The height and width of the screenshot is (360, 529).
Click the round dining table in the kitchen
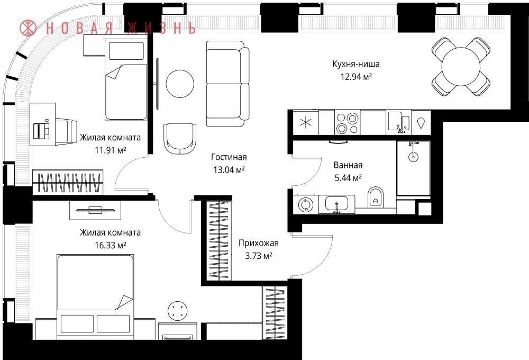(x=461, y=66)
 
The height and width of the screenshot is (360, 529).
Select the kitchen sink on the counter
(x=398, y=122)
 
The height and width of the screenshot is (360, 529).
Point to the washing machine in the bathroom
(x=306, y=205)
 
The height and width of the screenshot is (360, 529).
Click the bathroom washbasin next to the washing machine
(x=336, y=205)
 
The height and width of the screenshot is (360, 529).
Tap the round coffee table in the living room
(x=180, y=84)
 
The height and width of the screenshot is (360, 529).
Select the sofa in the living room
(x=227, y=84)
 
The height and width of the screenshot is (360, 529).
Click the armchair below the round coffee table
(x=180, y=139)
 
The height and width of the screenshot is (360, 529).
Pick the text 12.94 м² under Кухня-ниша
(x=356, y=77)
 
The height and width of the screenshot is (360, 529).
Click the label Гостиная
(x=229, y=157)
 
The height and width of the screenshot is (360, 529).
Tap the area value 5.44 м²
(x=348, y=178)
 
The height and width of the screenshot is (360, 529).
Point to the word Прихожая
(x=259, y=243)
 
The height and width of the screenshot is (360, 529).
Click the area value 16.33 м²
(x=111, y=245)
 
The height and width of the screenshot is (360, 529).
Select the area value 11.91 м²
(x=111, y=150)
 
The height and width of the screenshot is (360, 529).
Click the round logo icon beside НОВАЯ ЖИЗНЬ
(x=28, y=28)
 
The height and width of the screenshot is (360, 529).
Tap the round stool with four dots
(x=178, y=311)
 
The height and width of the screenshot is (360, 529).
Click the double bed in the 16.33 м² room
(x=95, y=297)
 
